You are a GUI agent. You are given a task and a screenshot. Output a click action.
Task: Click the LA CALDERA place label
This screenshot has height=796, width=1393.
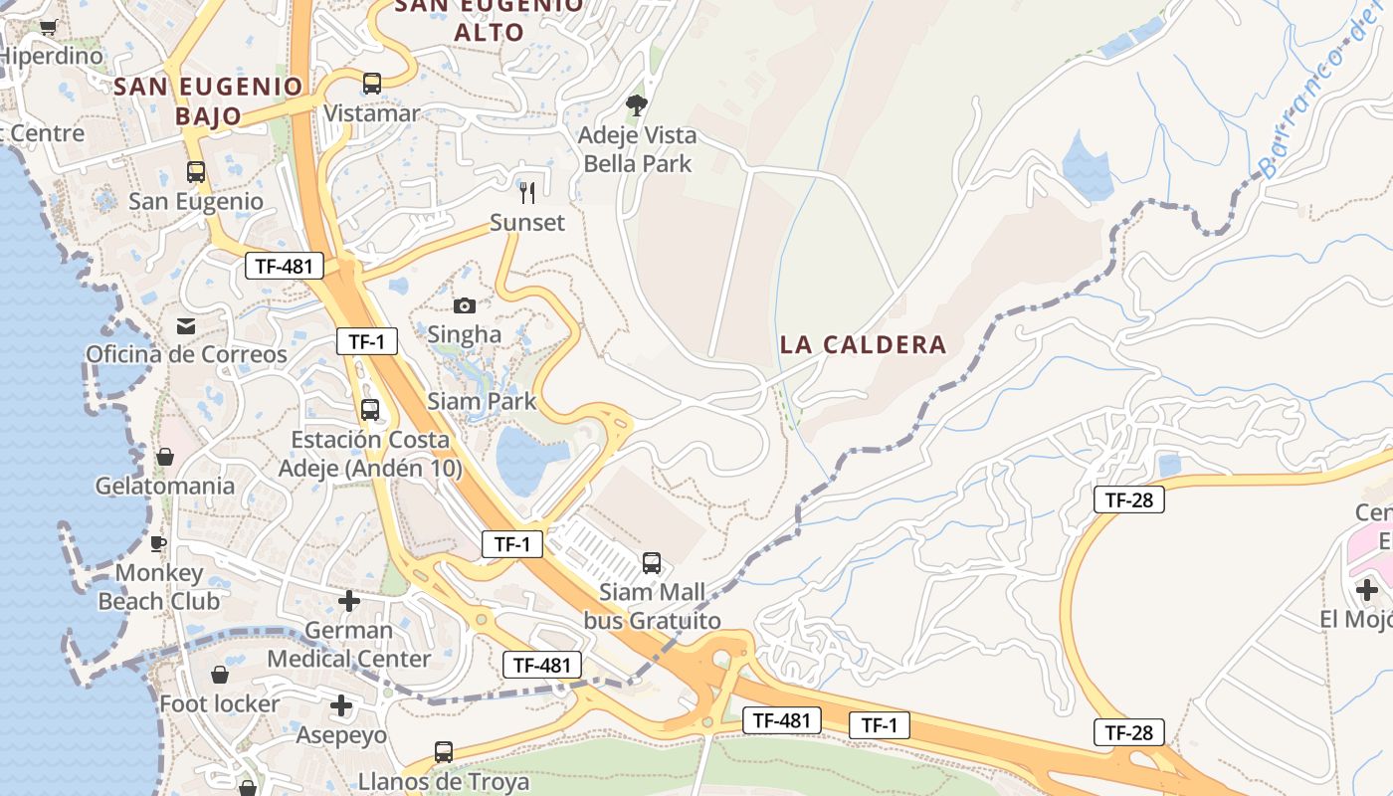pyautogui.click(x=863, y=345)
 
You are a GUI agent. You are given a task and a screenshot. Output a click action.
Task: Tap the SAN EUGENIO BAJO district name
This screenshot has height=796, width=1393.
pyautogui.click(x=208, y=100)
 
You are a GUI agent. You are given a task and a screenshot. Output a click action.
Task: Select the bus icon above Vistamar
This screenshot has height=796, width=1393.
pyautogui.click(x=372, y=84)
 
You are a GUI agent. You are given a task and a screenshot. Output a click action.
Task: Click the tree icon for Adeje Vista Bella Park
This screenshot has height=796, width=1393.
pyautogui.click(x=637, y=104)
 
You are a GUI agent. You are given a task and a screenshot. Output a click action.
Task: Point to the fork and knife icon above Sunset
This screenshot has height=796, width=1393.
pyautogui.click(x=527, y=192)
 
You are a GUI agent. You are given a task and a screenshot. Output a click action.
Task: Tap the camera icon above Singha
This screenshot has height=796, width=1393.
pyautogui.click(x=464, y=305)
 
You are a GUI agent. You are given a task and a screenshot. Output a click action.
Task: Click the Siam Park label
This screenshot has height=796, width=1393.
pyautogui.click(x=482, y=402)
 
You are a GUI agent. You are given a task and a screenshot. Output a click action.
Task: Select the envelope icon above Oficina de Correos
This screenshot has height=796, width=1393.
pyautogui.click(x=186, y=326)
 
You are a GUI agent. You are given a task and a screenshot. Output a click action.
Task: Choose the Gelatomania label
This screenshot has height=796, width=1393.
pyautogui.click(x=165, y=487)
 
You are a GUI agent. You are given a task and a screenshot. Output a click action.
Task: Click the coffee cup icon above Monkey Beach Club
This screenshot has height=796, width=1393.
pyautogui.click(x=158, y=543)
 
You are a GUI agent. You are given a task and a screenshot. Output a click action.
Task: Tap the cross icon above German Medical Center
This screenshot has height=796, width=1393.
pyautogui.click(x=348, y=601)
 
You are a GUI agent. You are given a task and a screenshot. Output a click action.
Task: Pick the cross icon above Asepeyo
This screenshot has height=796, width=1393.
pyautogui.click(x=341, y=706)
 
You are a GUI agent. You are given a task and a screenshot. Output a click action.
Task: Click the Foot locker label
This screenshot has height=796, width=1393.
pyautogui.click(x=220, y=704)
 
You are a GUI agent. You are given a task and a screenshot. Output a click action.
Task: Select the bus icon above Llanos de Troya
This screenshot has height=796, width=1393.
pyautogui.click(x=444, y=752)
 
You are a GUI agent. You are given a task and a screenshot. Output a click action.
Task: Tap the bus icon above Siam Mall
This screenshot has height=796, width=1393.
pyautogui.click(x=652, y=563)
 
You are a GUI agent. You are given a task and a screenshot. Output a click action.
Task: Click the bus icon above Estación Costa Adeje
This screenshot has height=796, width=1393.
pyautogui.click(x=370, y=409)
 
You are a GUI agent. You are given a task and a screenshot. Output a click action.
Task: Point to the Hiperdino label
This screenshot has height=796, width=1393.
pyautogui.click(x=52, y=56)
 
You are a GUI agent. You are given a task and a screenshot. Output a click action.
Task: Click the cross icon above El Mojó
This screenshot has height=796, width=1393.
pyautogui.click(x=1367, y=590)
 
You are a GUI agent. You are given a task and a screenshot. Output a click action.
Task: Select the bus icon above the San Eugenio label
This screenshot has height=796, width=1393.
pyautogui.click(x=196, y=172)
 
